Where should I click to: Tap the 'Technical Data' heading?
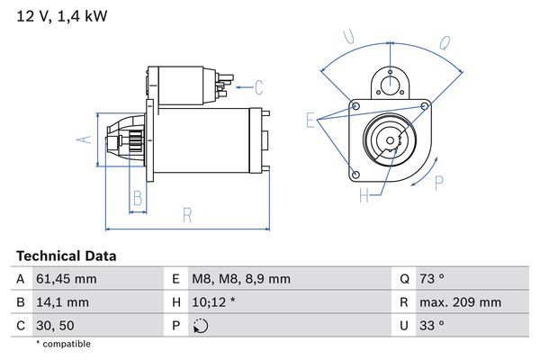[x=67, y=256]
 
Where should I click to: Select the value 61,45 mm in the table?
[x=67, y=279]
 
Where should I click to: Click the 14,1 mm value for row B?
[x=61, y=302]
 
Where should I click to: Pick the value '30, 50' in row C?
[x=56, y=325]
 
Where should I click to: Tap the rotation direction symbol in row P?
[x=201, y=325]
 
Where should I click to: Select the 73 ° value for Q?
[x=434, y=279]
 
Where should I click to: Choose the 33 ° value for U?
[x=434, y=325]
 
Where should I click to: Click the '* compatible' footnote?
[x=63, y=344]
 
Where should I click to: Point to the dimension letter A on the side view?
[x=83, y=139]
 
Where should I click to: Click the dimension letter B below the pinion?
[x=139, y=198]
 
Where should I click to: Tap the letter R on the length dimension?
[x=187, y=214]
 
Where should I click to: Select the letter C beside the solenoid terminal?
[x=258, y=87]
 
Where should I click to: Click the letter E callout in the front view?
[x=310, y=121]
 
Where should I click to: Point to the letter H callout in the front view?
[x=364, y=195]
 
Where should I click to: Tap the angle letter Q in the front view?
[x=445, y=42]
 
